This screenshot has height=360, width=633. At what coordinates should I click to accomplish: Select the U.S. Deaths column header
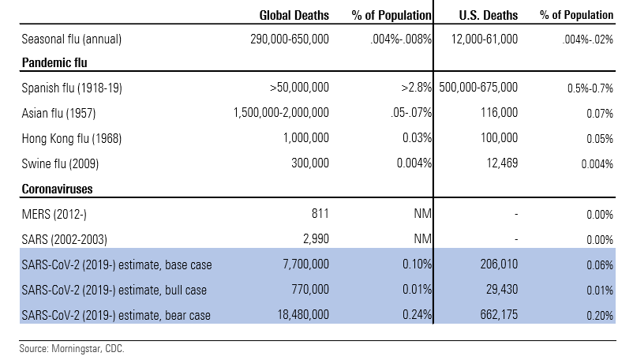click(489, 15)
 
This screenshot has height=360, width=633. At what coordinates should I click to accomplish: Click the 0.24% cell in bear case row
click(415, 316)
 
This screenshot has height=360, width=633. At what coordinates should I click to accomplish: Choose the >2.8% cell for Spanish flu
click(414, 86)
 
